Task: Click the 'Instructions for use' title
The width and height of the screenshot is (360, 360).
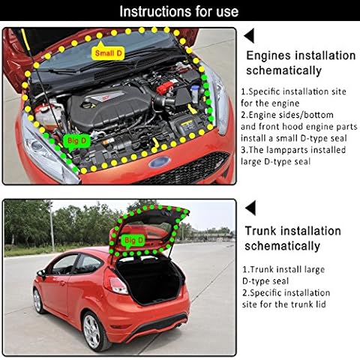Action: coord(179,11)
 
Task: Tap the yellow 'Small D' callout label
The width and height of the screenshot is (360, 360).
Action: coord(108,52)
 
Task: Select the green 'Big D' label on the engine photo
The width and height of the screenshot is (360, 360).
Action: coord(76,142)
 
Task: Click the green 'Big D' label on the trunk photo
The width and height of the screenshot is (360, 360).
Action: coord(133,241)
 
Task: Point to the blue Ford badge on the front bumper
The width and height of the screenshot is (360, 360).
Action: coord(159,163)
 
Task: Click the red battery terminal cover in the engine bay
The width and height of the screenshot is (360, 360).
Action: coord(164,88)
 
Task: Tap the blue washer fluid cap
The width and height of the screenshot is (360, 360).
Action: coord(195,88)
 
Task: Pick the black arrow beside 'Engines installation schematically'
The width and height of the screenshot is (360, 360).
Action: coord(249,35)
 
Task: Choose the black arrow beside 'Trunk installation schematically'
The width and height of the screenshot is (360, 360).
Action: coord(250,208)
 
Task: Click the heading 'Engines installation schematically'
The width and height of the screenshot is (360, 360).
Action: coord(301,63)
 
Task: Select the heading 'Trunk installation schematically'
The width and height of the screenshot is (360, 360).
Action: coord(292,238)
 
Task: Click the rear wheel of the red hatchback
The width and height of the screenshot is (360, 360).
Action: coord(93,331)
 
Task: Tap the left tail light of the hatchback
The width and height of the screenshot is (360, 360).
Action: coord(116,282)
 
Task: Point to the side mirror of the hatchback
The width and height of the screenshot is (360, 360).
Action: coord(41,273)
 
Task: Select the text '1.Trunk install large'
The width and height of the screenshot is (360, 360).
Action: coord(283,269)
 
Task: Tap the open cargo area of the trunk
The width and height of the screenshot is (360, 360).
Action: coord(150,280)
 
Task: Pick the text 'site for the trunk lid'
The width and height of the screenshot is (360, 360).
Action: coord(284,304)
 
